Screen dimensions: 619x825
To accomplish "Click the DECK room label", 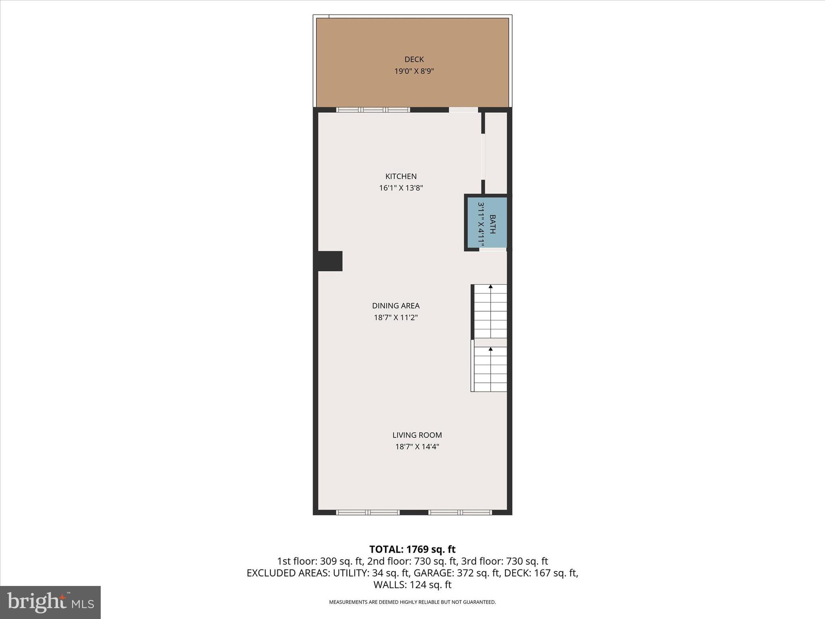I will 414,60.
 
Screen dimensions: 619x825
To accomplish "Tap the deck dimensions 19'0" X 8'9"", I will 414,71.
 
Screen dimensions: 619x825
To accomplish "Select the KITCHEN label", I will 401,176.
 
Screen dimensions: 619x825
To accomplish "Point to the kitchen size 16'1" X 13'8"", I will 401,188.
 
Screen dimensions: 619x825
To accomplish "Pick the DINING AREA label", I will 396,305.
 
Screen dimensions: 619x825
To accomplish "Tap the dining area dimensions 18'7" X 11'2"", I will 396,318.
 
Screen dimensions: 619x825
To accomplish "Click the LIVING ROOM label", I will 417,435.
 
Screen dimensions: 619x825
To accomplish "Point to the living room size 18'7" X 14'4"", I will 417,447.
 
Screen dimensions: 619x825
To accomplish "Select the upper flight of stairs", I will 490,311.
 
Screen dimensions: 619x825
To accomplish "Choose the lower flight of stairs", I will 490,369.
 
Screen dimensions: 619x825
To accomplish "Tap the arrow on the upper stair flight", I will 491,287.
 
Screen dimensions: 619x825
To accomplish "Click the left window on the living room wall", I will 367,512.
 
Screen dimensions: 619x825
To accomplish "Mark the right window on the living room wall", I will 460,512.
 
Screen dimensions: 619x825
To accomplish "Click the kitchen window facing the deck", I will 373,110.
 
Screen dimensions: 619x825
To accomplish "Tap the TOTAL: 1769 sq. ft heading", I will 412,549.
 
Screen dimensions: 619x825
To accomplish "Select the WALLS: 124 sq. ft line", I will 412,585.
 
